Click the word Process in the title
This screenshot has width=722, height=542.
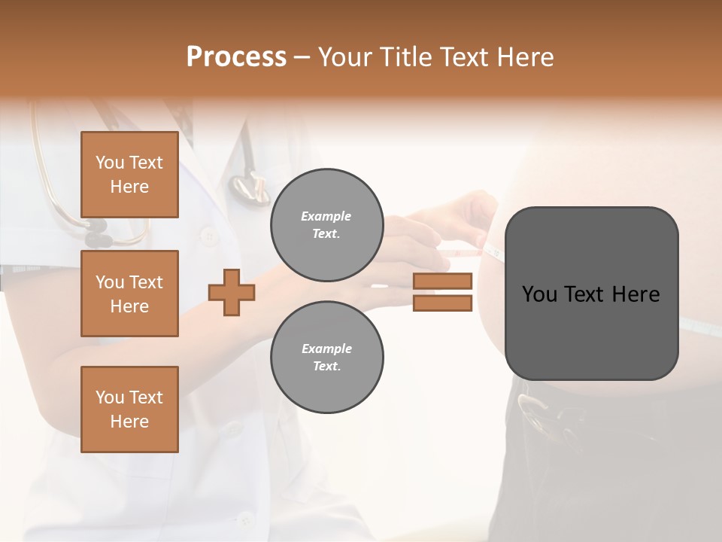click(236, 57)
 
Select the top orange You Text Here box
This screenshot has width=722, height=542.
click(129, 175)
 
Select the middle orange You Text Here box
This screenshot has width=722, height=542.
click(129, 294)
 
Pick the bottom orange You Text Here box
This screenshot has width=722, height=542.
click(129, 410)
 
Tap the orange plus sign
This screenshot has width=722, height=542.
click(232, 293)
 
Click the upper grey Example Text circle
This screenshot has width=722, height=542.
click(326, 224)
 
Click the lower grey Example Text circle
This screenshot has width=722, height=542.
click(326, 357)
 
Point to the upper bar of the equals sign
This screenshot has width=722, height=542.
click(442, 281)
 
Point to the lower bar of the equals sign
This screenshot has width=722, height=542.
click(442, 303)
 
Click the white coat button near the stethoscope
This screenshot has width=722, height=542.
click(209, 236)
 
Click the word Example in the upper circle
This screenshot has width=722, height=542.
click(326, 216)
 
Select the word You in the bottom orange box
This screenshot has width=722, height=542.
click(110, 397)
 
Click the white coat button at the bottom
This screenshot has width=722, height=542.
click(244, 519)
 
